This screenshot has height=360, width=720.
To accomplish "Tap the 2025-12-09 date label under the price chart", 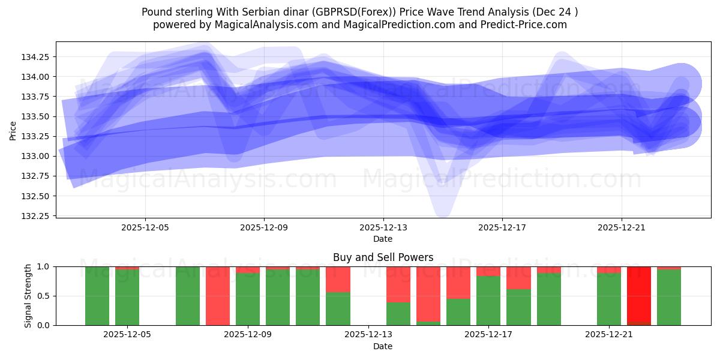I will click(264, 228).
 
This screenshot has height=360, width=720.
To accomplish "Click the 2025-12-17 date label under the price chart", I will click(502, 228).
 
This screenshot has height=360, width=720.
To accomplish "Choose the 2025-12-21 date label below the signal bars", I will click(609, 335).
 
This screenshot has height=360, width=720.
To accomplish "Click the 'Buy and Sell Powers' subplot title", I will click(383, 257).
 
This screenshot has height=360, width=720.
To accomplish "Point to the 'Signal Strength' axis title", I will click(28, 296).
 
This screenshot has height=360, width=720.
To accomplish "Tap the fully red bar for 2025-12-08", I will click(218, 296).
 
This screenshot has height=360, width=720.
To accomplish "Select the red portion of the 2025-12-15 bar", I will click(428, 294).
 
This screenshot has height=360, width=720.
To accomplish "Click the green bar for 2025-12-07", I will click(188, 296).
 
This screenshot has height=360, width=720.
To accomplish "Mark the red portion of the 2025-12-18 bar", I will click(518, 278).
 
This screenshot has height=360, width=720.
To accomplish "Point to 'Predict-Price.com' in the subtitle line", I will click(520, 25).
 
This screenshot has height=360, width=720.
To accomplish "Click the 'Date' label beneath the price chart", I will click(383, 239).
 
